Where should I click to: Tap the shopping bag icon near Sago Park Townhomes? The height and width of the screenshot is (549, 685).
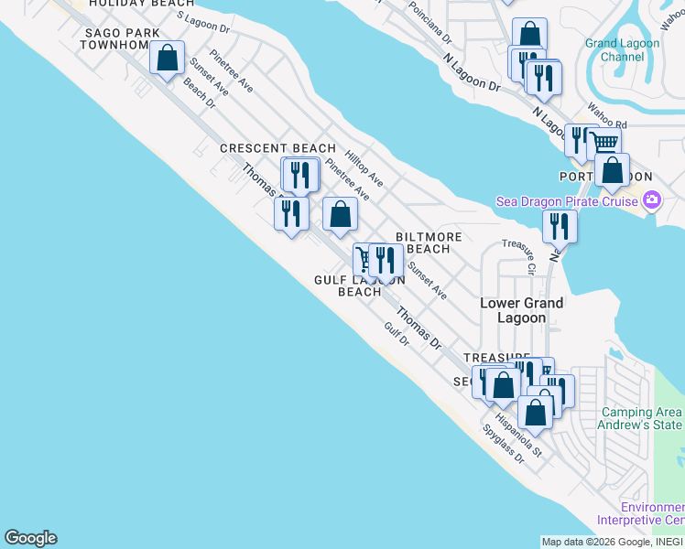(168, 58)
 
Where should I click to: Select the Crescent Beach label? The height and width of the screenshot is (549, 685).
(278, 148)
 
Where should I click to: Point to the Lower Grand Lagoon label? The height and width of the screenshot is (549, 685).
(522, 310)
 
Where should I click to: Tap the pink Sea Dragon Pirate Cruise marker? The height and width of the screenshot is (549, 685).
(652, 200)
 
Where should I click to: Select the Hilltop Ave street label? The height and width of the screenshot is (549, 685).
(364, 169)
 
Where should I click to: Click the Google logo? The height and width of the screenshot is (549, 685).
(30, 538)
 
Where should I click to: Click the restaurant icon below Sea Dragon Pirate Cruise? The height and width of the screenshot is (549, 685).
(560, 226)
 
